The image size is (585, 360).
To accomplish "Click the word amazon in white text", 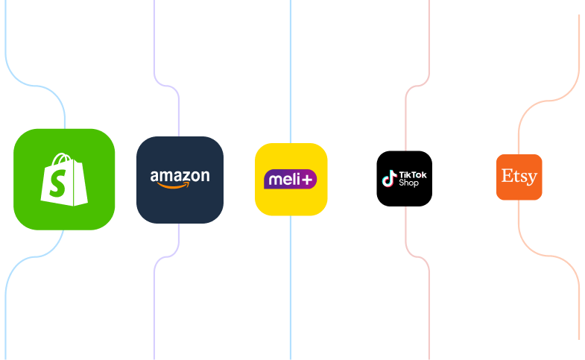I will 180,177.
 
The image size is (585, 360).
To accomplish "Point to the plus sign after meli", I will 309,180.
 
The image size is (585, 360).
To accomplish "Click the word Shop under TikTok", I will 409,183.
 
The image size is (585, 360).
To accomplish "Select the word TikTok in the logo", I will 413,174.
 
